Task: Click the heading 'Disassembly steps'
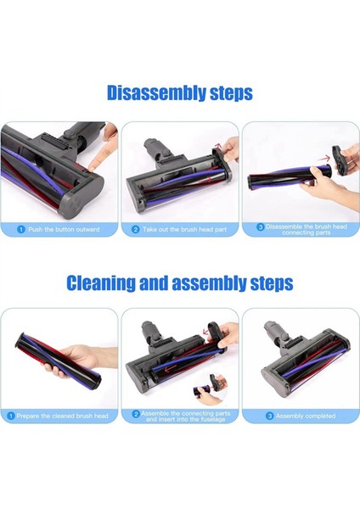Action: (179, 92)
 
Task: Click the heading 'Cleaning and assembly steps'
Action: (179, 282)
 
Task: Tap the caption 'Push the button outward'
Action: (64, 230)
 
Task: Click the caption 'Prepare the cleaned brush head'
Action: (64, 416)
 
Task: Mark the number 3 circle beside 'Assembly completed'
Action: (271, 416)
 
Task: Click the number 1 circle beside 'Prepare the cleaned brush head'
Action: (10, 416)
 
